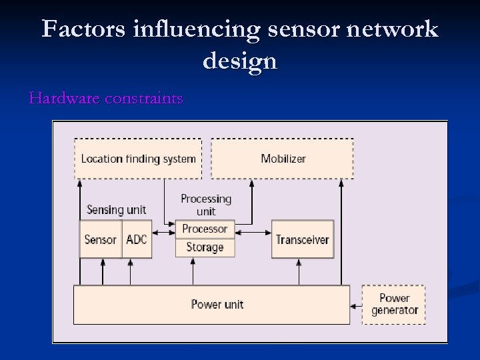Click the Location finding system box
(138, 159)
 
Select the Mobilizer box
(283, 159)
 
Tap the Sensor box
(101, 239)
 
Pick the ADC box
(137, 239)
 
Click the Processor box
(205, 229)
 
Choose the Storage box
(205, 247)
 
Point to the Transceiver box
(302, 239)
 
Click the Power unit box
(212, 305)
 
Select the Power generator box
(394, 305)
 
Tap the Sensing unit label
(116, 210)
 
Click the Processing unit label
(205, 205)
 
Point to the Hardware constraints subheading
(106, 99)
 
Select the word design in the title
(239, 61)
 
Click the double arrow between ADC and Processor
(163, 233)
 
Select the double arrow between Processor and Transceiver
(253, 233)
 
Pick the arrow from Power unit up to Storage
(193, 272)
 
